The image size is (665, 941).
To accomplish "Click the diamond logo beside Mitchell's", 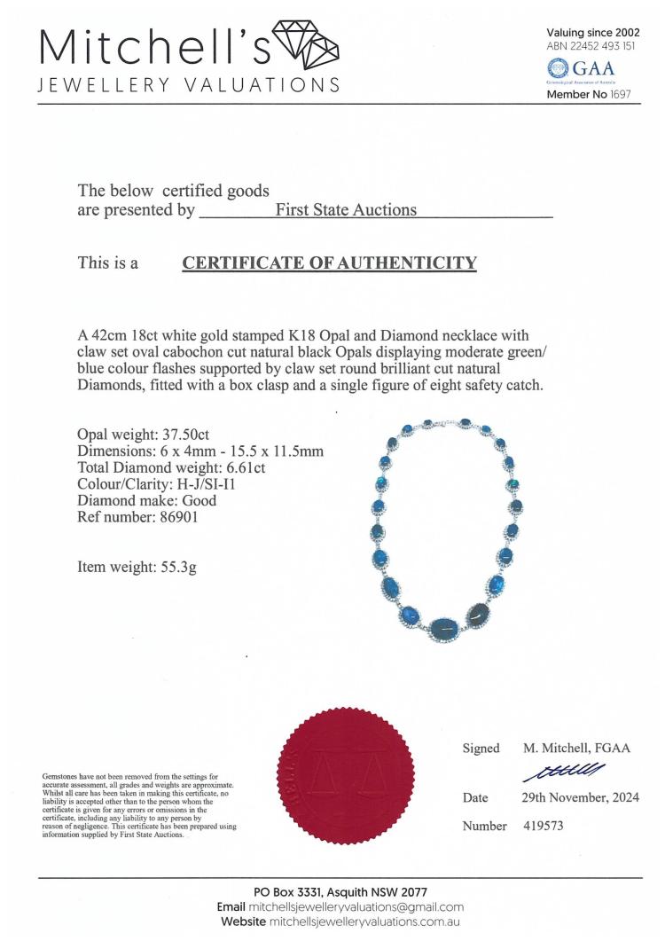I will click(x=305, y=43).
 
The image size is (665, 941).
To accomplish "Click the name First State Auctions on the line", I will click(x=346, y=210).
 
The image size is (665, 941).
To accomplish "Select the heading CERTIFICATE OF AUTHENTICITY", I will click(x=329, y=263).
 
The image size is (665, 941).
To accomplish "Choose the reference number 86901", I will click(x=177, y=517).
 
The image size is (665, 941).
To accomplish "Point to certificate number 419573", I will click(x=543, y=826).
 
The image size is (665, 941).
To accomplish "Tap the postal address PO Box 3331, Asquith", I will click(x=340, y=891).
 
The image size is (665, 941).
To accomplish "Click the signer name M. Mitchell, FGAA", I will click(x=576, y=749).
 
